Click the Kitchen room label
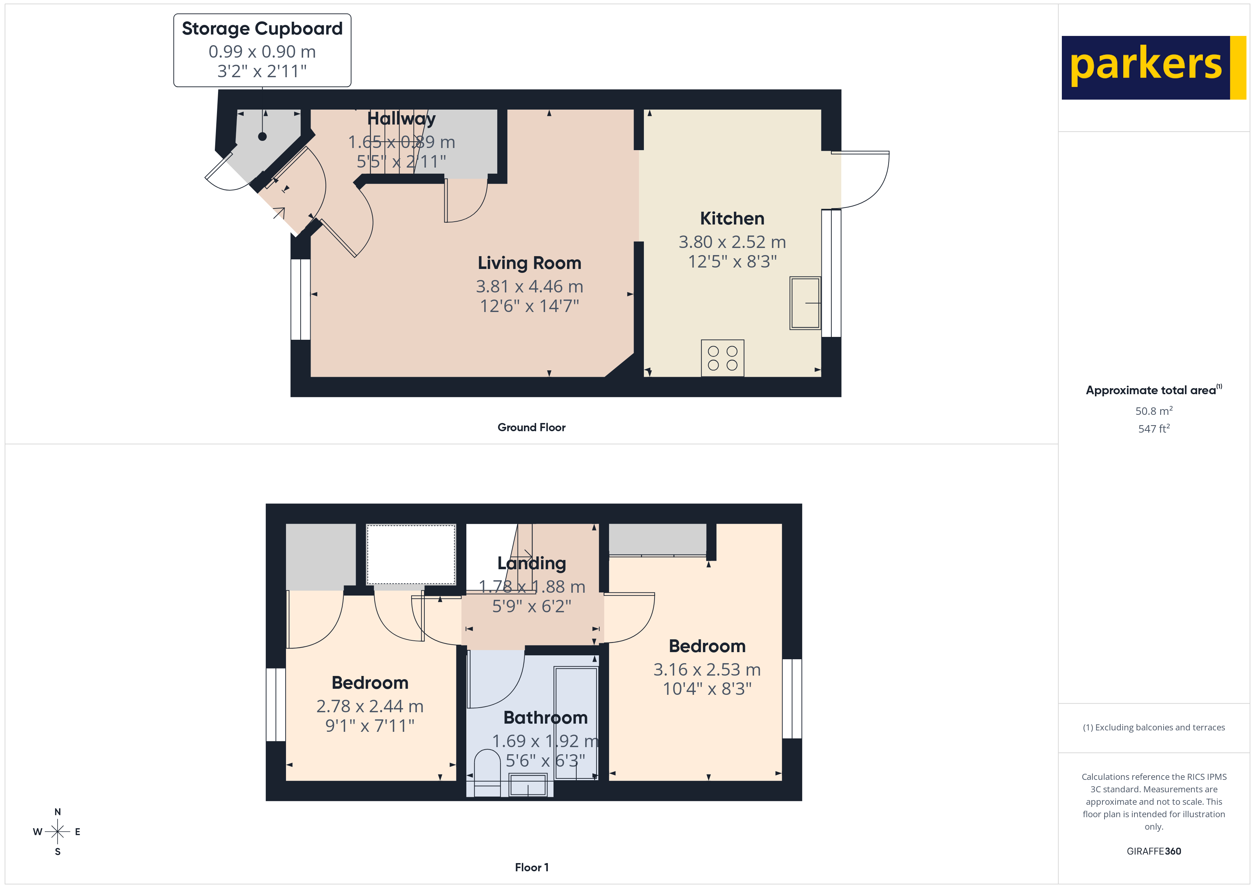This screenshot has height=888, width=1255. point(732,219)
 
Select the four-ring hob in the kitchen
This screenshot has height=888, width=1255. point(722,358)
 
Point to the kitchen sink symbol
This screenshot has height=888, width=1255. point(805,303)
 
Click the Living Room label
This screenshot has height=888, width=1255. point(529,263)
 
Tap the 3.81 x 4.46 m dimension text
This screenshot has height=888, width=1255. point(529,286)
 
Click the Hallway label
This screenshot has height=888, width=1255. point(401,119)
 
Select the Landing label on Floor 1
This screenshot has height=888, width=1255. point(531,563)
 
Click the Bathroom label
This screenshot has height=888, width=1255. point(545,717)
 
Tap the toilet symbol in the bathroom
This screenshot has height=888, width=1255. point(487,771)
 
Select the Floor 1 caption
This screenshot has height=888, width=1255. point(531,867)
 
